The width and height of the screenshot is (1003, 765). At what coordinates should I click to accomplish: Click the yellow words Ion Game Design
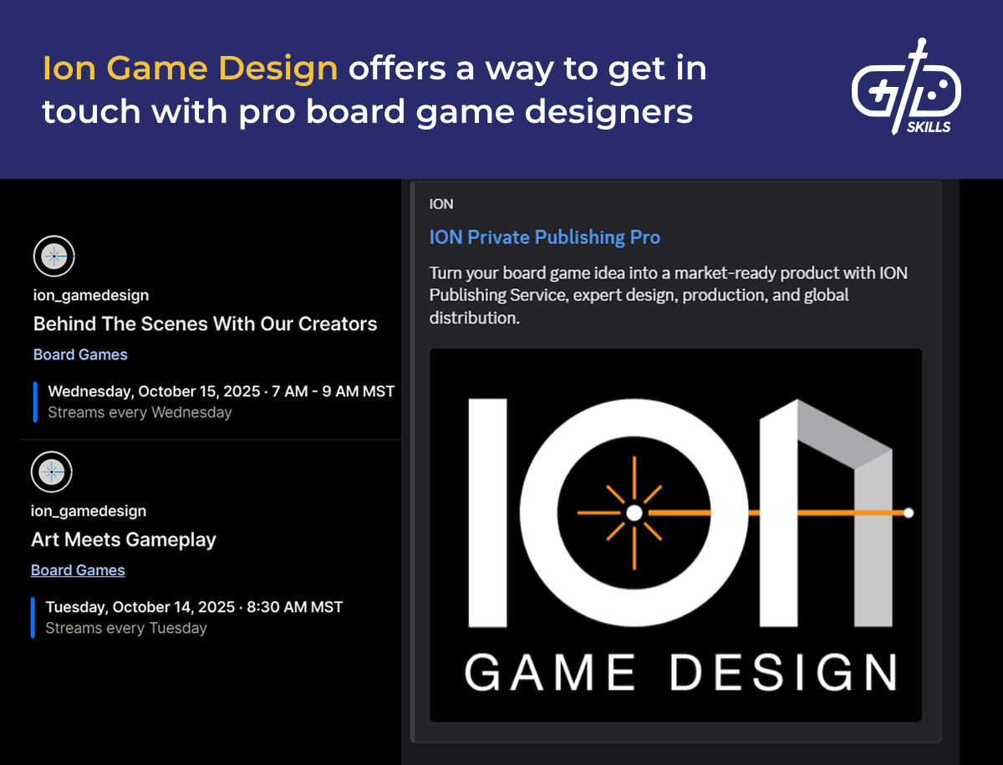[191, 69]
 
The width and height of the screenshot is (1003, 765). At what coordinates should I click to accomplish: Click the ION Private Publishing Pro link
[544, 237]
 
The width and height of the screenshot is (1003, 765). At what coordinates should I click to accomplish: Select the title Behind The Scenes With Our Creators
[205, 324]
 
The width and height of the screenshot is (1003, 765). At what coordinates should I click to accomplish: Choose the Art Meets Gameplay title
[124, 540]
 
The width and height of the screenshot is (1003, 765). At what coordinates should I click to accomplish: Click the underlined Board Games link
[78, 570]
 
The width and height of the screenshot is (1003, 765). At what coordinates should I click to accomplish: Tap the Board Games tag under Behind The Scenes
[80, 354]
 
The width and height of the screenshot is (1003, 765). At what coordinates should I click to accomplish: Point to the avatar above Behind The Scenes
[54, 256]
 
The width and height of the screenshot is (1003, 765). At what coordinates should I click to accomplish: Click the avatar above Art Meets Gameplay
[52, 472]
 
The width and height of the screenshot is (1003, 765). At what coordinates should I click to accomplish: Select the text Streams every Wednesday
[140, 412]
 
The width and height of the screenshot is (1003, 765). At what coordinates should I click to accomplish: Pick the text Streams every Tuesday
[125, 628]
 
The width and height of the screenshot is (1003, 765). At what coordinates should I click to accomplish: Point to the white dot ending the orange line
[909, 512]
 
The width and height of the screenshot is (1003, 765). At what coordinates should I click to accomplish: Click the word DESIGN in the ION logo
[783, 672]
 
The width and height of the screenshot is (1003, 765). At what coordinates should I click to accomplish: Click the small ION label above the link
[441, 204]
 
